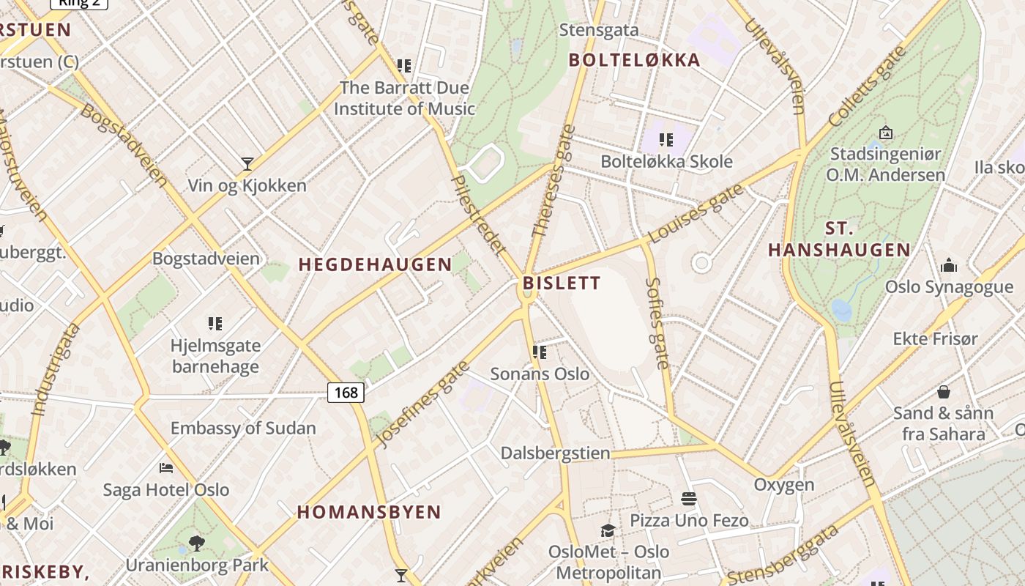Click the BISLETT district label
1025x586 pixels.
pos(562,283)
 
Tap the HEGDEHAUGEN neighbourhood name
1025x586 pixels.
pos(375,265)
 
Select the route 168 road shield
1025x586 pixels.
pos(346,393)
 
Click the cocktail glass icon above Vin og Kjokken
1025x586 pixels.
pos(247,164)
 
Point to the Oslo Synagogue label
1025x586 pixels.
pos(949,286)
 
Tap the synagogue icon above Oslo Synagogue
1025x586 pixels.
pos(949,265)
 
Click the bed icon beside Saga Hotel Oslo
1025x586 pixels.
pos(166,467)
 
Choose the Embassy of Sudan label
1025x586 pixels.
pos(243,428)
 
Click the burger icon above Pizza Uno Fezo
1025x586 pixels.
pos(689,500)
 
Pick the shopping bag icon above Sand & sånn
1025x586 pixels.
pos(944,392)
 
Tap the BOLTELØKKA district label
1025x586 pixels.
pos(634,60)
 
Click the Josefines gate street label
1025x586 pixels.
pos(422,404)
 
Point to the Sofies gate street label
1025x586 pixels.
pos(658,322)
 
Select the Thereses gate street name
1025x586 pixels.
pos(553,181)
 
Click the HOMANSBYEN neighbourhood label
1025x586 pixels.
pos(369,512)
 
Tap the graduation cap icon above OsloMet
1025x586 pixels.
pos(608,530)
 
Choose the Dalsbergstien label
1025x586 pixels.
pos(555,453)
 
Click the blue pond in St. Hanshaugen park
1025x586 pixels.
pos(842,311)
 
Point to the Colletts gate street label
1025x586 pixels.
pos(867,86)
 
